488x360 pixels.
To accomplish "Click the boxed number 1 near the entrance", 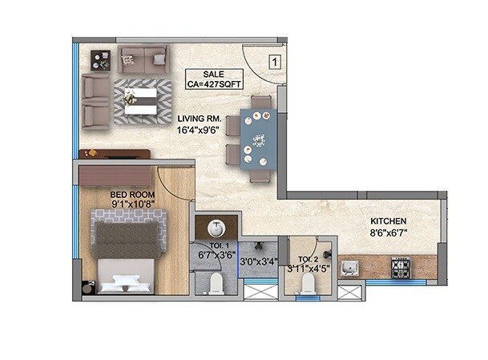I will pyautogui.click(x=273, y=60).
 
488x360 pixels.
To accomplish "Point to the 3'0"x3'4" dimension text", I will pyautogui.click(x=258, y=260).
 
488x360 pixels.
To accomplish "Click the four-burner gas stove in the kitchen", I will pyautogui.click(x=400, y=266).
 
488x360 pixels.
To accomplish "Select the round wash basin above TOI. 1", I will pyautogui.click(x=217, y=226).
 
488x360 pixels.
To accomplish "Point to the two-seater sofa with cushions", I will pyautogui.click(x=143, y=59).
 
